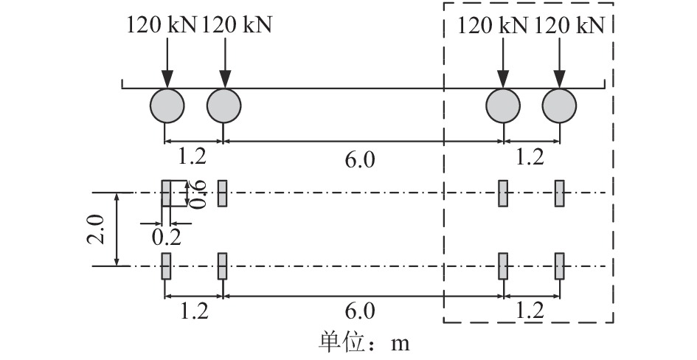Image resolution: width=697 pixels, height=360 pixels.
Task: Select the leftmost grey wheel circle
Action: [167, 105]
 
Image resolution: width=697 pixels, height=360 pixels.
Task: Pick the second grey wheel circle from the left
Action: [223, 105]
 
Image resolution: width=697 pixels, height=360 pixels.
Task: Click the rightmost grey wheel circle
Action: [561, 105]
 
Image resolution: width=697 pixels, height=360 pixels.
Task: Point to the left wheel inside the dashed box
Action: [503, 105]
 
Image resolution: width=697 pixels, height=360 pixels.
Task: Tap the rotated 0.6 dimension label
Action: [198, 193]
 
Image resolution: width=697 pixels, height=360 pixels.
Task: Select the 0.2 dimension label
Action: [165, 237]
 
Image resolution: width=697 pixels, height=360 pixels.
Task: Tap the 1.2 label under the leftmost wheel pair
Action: [193, 157]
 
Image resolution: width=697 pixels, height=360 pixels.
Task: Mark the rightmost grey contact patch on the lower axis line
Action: [560, 266]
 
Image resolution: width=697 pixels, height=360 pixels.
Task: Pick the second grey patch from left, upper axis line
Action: [223, 193]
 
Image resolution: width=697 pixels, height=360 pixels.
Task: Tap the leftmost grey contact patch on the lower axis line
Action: [166, 266]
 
